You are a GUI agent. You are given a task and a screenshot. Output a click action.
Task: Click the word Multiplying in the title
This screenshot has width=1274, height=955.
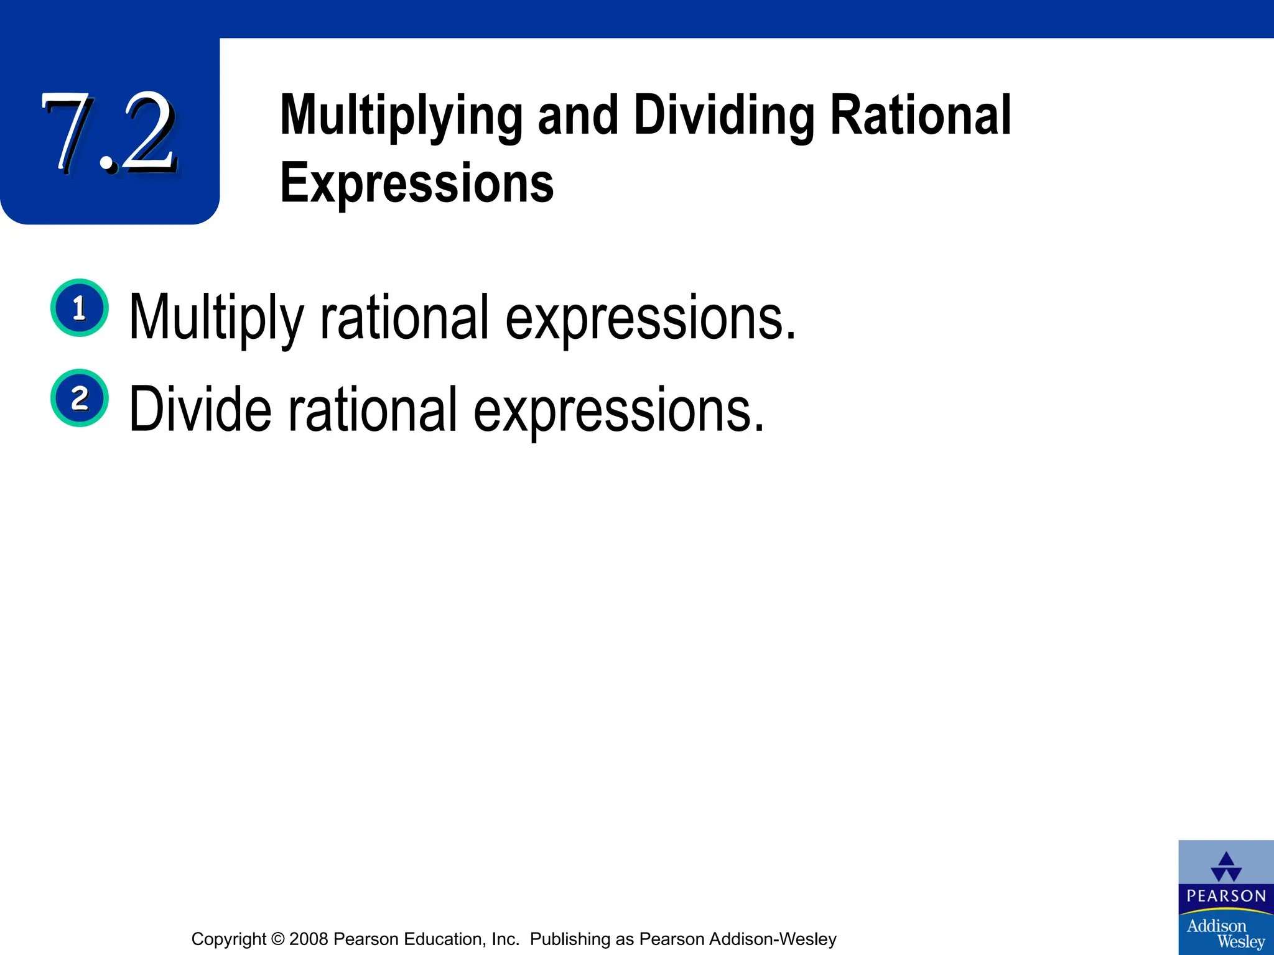[401, 116]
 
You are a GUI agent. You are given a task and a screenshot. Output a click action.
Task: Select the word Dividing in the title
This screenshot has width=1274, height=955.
[724, 116]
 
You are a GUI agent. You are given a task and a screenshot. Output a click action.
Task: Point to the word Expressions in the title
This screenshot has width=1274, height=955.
[417, 183]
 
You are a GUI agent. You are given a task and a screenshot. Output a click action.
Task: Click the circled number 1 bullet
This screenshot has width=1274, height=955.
[80, 308]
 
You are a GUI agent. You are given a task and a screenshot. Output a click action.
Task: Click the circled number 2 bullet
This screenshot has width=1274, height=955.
[80, 398]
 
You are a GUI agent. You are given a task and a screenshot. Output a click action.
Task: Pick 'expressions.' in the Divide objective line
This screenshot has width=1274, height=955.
[618, 410]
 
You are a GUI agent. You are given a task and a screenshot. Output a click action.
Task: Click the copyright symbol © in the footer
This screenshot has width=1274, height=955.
[277, 939]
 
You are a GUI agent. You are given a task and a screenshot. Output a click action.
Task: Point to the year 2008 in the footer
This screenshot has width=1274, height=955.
[309, 939]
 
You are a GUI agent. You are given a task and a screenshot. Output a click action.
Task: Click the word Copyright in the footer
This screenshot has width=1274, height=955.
[228, 939]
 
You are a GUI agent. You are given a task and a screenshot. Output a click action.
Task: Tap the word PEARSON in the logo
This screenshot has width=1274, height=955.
[1226, 896]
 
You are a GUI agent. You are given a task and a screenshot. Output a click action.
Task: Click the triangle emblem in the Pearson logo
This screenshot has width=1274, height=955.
[1226, 866]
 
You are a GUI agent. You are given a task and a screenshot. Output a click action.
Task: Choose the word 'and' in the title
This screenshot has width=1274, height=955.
[578, 116]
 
